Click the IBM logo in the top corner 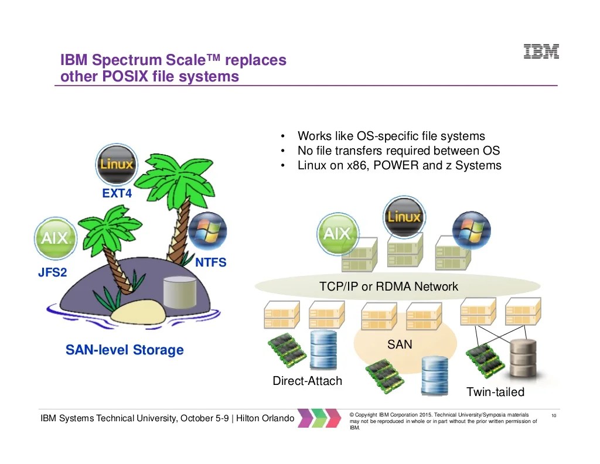540,52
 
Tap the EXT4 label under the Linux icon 117,193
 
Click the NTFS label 210,262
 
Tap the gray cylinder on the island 179,291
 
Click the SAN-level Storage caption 124,350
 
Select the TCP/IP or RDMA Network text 389,286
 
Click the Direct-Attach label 307,381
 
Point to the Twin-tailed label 495,392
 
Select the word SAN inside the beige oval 400,344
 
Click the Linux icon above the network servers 404,217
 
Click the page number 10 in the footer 553,416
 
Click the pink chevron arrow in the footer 306,418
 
